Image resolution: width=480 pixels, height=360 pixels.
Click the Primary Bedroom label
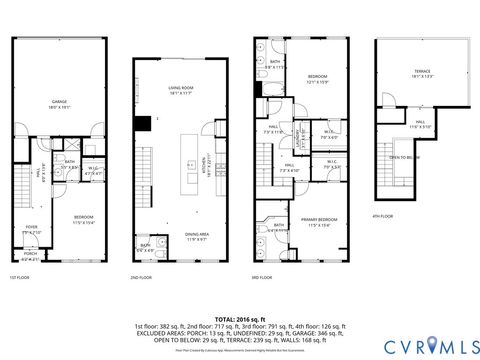321,220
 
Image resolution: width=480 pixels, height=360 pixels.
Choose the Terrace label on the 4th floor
423,73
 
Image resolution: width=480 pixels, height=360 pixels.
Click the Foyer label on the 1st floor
32,229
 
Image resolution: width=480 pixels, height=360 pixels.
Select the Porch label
31,258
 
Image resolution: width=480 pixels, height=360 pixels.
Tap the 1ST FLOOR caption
19,277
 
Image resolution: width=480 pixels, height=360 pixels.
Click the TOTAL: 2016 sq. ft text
240,317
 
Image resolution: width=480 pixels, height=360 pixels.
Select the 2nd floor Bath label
146,247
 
